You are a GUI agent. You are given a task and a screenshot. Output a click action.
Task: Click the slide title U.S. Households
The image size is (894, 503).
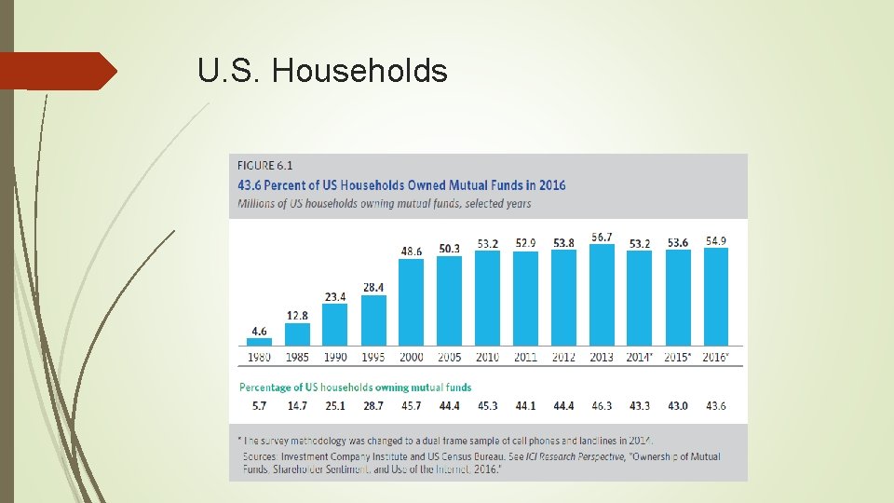pyautogui.click(x=322, y=71)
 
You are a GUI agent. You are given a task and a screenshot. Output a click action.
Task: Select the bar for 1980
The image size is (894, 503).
pyautogui.click(x=259, y=342)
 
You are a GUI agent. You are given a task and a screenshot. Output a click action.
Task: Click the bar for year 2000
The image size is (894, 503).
pyautogui.click(x=411, y=303)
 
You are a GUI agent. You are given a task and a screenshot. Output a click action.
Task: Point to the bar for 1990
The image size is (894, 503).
pyautogui.click(x=335, y=324)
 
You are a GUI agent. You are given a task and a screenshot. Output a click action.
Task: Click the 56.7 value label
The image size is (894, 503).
pyautogui.click(x=601, y=237)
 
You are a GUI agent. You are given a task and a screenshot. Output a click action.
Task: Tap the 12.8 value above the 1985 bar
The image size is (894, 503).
pyautogui.click(x=297, y=315)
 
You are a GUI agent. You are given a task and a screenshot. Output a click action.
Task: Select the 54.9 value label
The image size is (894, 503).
pyautogui.click(x=715, y=240)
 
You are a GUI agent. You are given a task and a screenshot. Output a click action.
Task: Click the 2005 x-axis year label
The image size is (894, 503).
pyautogui.click(x=449, y=357)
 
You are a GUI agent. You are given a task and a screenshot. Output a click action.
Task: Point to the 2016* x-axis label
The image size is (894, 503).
pyautogui.click(x=716, y=357)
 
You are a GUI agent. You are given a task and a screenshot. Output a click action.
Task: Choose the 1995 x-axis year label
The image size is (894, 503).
pyautogui.click(x=372, y=357)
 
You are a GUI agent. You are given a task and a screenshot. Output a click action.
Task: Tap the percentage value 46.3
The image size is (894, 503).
pyautogui.click(x=601, y=407)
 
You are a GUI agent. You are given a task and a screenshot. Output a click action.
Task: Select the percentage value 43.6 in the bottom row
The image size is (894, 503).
pyautogui.click(x=715, y=407)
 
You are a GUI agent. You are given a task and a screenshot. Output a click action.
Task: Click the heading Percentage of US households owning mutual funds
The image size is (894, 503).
pyautogui.click(x=356, y=387)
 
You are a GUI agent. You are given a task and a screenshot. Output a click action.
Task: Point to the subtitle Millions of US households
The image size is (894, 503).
pyautogui.click(x=385, y=203)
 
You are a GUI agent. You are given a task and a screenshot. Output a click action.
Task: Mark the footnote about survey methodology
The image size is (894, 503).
pyautogui.click(x=447, y=441)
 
